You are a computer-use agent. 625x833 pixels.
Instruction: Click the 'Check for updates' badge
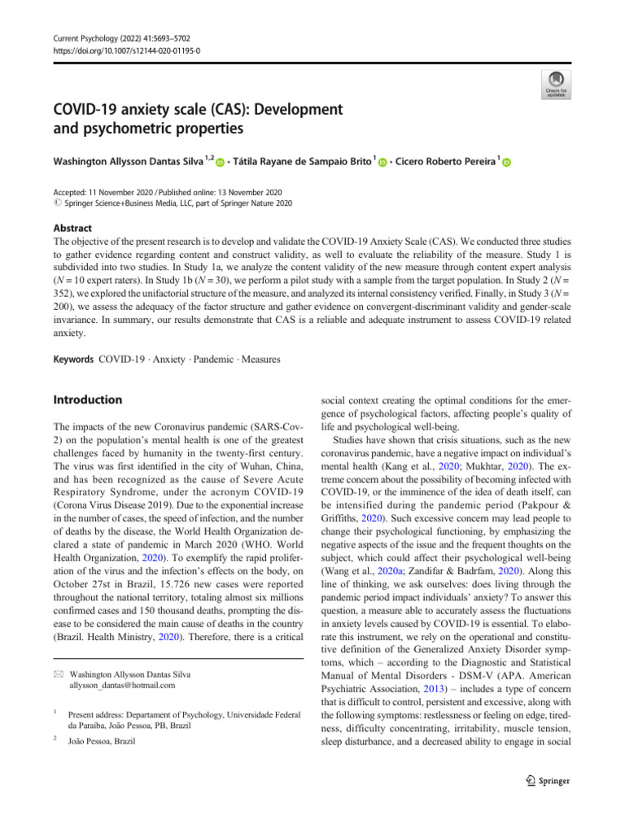point(555,82)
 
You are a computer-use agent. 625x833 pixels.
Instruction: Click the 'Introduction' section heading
point(87,400)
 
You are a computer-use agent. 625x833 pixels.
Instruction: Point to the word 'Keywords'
point(73,359)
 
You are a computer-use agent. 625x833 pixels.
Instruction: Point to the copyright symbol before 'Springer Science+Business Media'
point(57,203)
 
